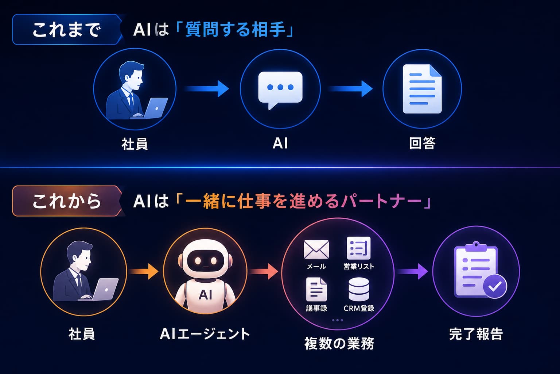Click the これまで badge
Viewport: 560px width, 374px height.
(x=67, y=30)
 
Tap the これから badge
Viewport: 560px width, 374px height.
(x=67, y=201)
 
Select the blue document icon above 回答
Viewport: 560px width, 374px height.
(x=422, y=89)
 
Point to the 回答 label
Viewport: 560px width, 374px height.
(x=422, y=143)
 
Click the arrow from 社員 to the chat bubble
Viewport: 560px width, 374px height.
(x=207, y=89)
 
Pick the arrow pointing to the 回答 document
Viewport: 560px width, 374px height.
(x=350, y=89)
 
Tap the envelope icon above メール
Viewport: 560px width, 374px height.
(x=316, y=249)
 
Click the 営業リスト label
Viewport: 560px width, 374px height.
(x=359, y=266)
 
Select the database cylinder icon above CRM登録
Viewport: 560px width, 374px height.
(x=359, y=289)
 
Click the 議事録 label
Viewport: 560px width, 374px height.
(x=316, y=308)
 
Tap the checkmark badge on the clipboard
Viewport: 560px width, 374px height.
(x=495, y=286)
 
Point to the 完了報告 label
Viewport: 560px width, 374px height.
(x=476, y=334)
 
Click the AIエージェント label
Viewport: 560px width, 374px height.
(x=205, y=334)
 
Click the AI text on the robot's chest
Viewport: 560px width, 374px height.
(x=205, y=295)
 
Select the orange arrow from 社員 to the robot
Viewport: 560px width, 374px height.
(x=144, y=271)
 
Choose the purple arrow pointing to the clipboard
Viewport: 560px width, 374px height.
(x=412, y=271)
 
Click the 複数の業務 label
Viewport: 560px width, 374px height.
(x=339, y=343)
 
